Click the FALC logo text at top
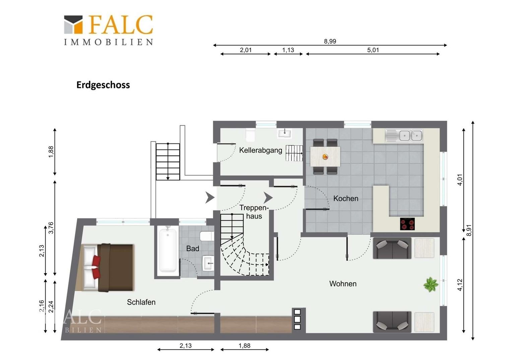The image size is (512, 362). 121,25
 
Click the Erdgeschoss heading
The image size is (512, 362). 103,85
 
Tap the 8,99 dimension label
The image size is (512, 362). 330,41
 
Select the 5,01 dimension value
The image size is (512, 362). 373,50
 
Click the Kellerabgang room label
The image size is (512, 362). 261,150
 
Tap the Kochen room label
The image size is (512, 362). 345,198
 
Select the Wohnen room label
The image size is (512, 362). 343,284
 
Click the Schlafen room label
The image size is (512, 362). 141,302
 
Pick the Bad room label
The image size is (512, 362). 193,249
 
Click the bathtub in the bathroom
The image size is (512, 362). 168,251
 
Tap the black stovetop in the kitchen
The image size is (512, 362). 407,224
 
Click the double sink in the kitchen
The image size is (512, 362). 404,136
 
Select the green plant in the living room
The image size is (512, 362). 431,285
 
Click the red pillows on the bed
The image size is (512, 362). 97,267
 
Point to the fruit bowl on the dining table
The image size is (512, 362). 325,157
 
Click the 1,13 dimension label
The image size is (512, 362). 288,50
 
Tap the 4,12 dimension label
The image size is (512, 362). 460,285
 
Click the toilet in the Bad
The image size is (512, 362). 207,236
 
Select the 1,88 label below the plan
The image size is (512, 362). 245,346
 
